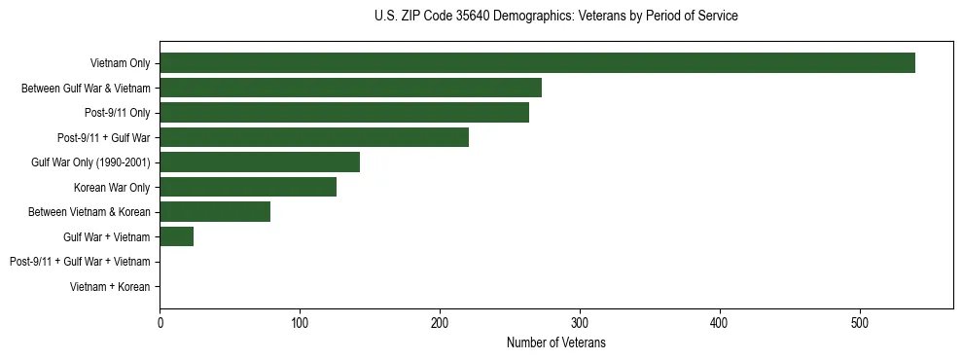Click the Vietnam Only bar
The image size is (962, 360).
(x=537, y=63)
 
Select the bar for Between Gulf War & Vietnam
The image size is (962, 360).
(x=350, y=88)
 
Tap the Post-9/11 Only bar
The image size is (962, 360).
(x=344, y=113)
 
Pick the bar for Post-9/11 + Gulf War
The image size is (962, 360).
(x=314, y=137)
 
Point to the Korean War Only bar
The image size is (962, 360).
(x=248, y=187)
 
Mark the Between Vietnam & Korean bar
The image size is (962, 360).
(x=215, y=212)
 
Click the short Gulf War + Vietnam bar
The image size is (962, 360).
(x=177, y=236)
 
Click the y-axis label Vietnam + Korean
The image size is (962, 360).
(x=110, y=287)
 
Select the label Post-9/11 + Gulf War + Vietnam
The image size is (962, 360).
(x=80, y=262)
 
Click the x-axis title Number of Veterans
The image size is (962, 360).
(x=556, y=342)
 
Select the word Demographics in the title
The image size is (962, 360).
(x=526, y=17)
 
